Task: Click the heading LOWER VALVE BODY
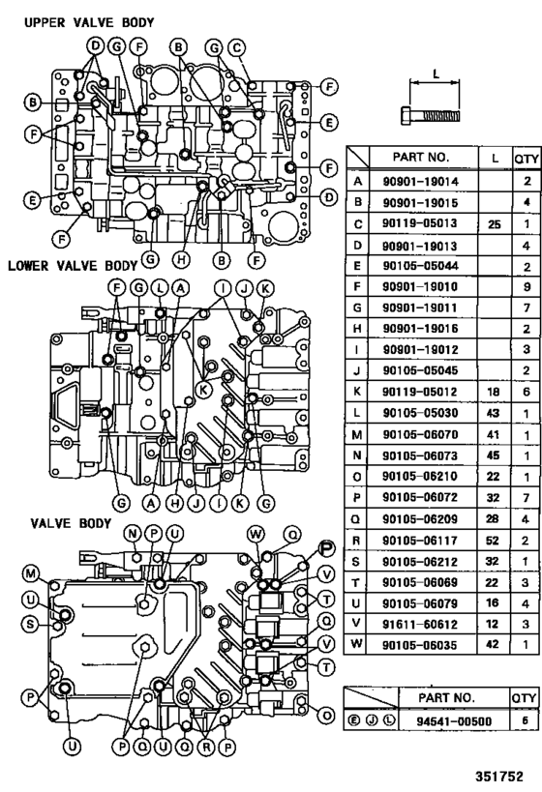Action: click(x=73, y=264)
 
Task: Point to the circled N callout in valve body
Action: click(x=133, y=534)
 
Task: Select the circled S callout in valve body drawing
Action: click(x=31, y=624)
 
